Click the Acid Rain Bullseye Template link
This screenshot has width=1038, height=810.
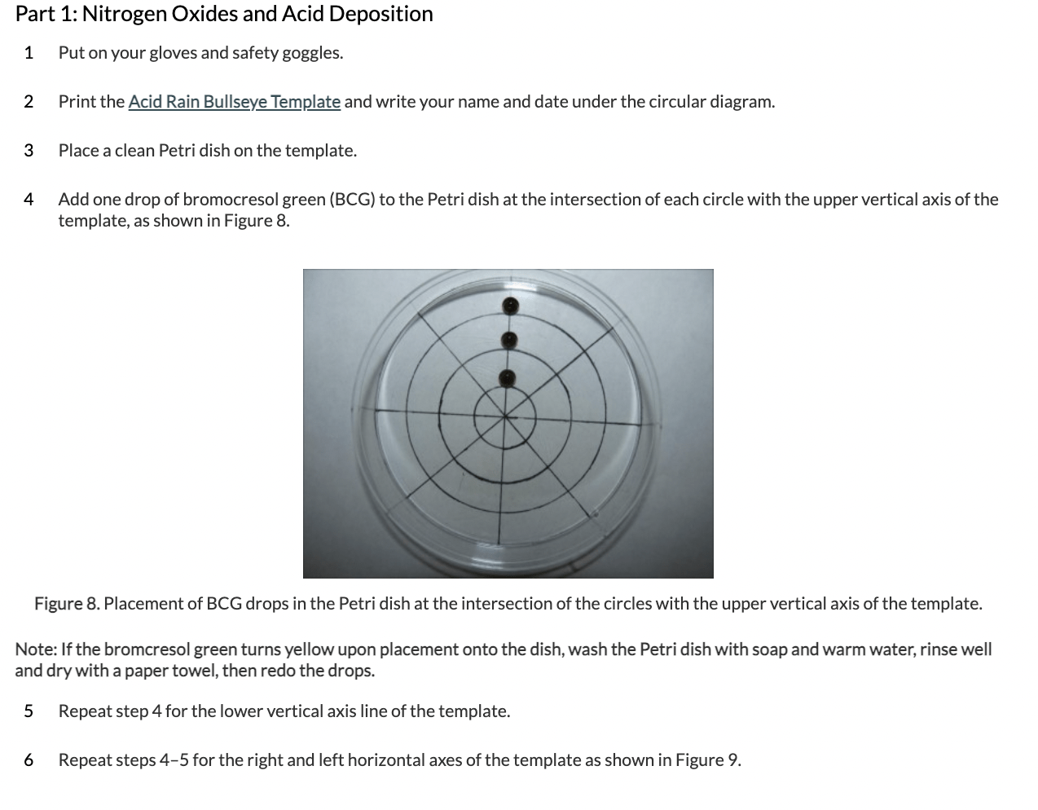pos(234,102)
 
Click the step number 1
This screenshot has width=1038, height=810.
pos(29,53)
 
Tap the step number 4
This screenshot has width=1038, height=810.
pos(29,200)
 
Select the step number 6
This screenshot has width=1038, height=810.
pos(29,760)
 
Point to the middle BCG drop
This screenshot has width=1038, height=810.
pos(509,340)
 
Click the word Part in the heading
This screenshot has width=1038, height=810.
pos(35,14)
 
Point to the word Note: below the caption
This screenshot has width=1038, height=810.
pos(36,649)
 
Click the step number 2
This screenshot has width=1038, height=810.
pos(29,102)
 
